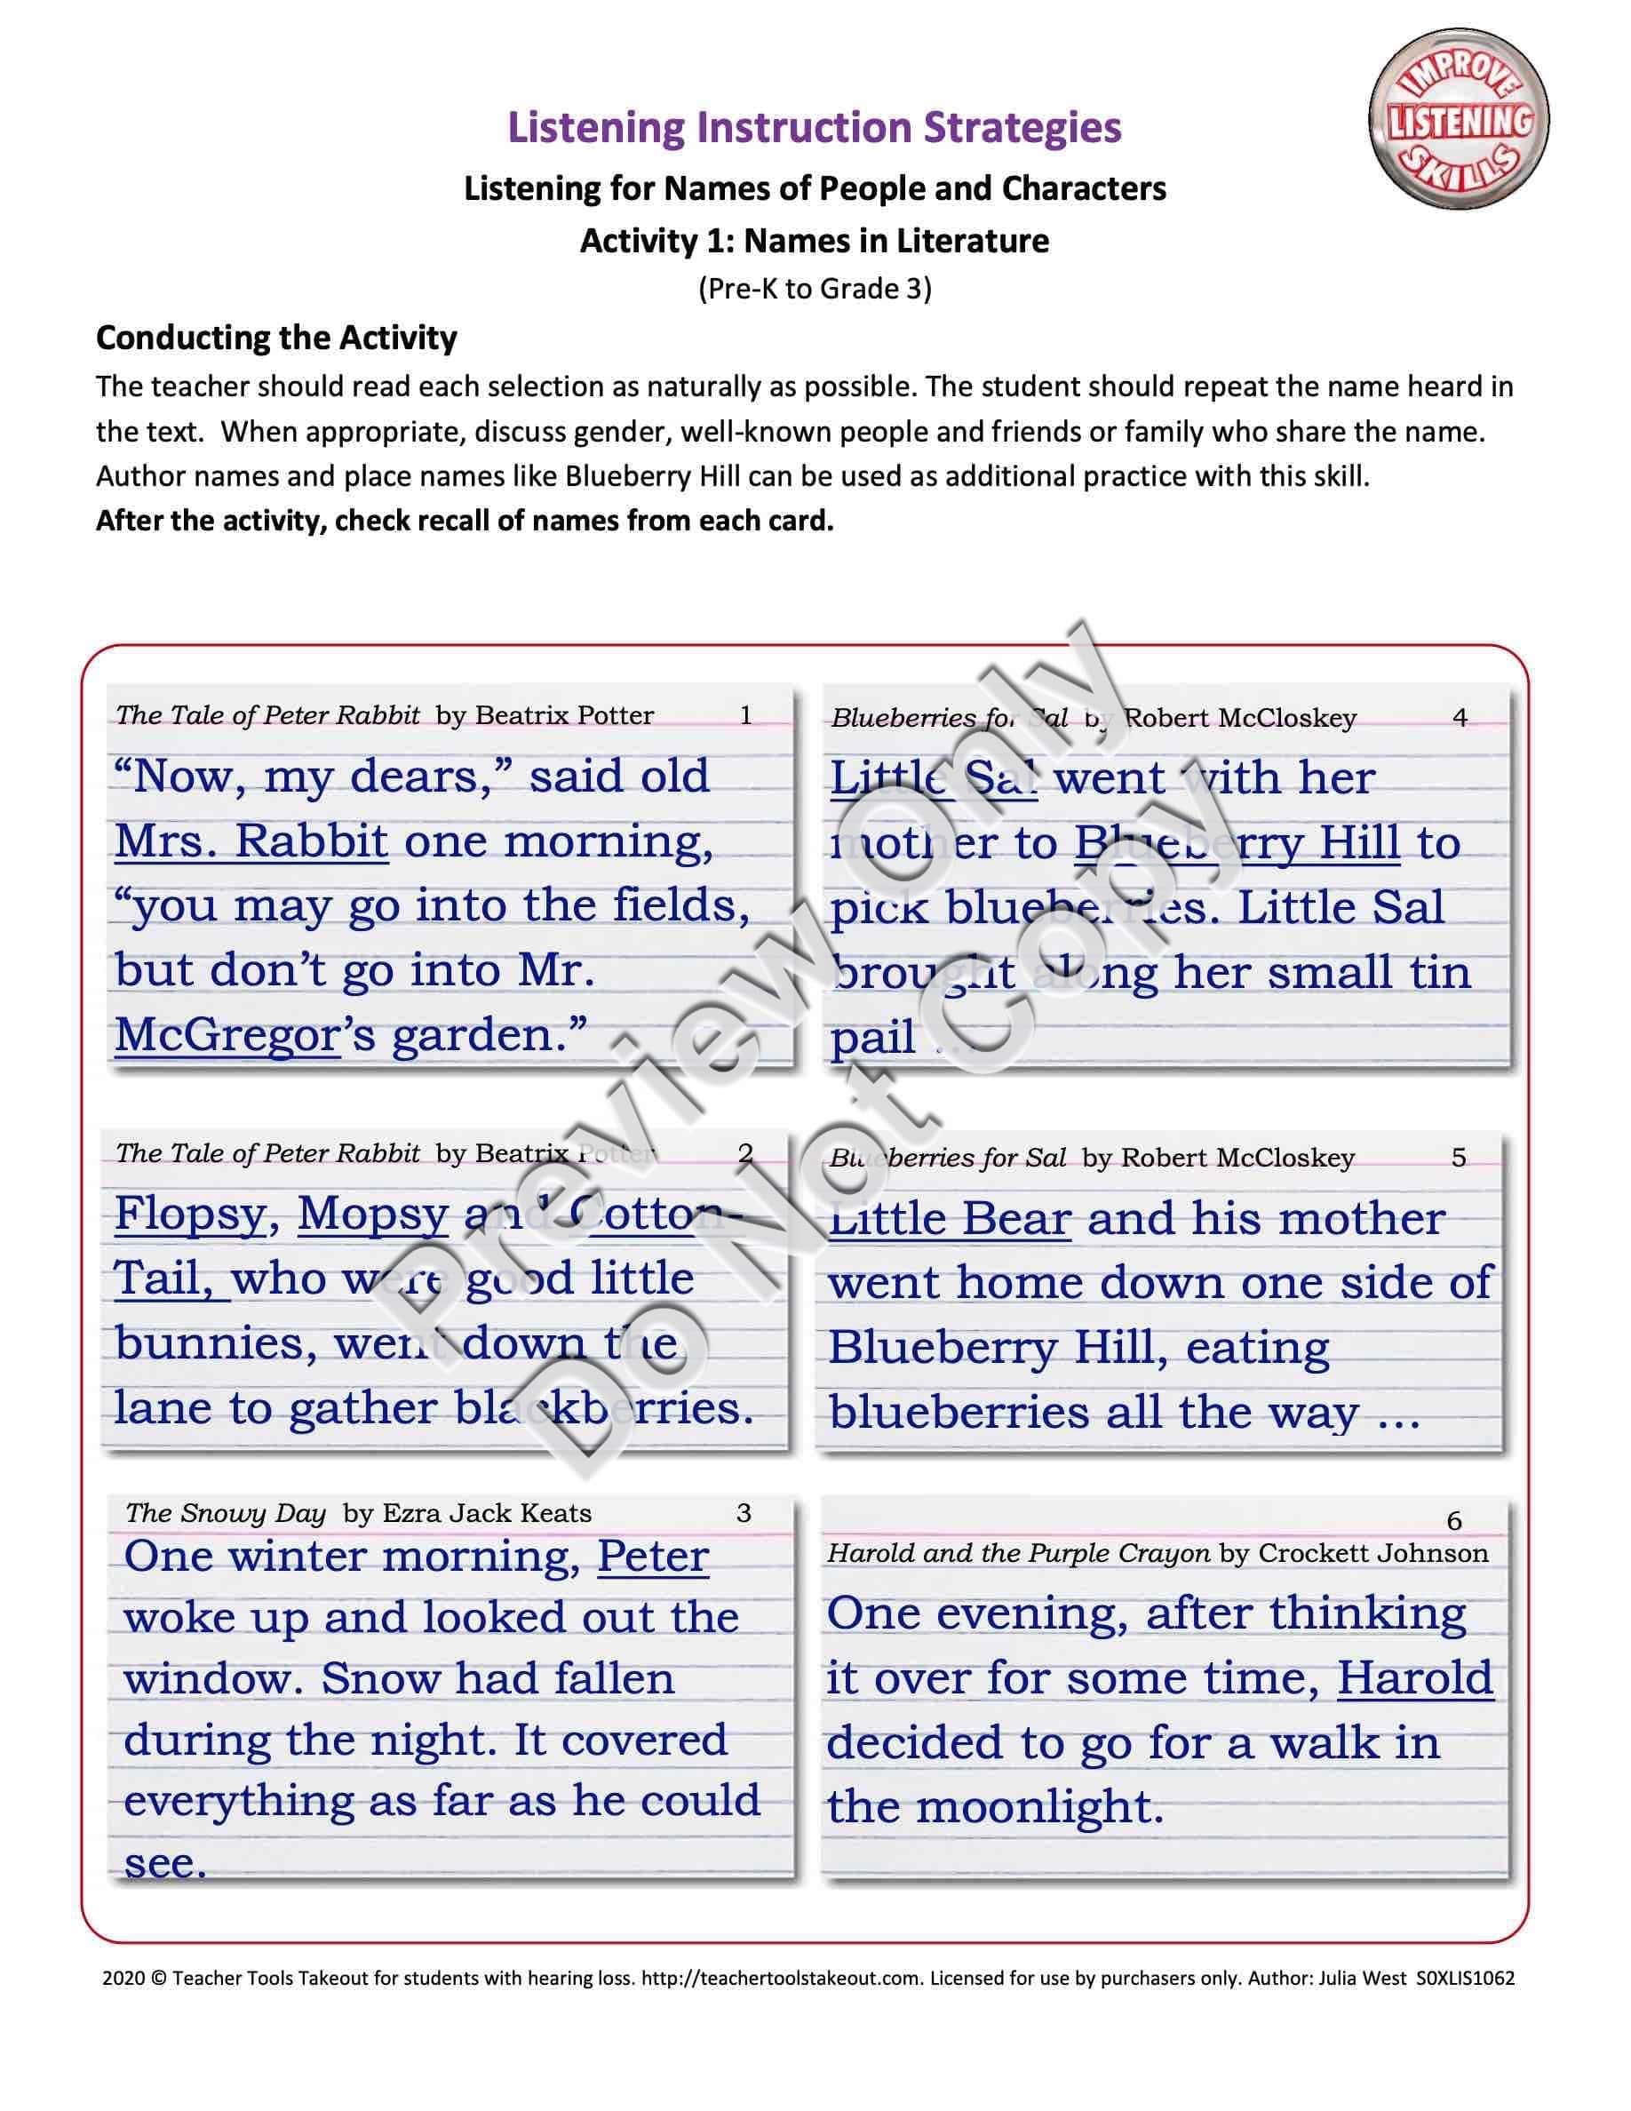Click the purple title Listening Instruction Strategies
click(815, 128)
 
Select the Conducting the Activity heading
click(276, 339)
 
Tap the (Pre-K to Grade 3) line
click(815, 288)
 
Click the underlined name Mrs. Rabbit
click(251, 840)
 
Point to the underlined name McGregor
click(227, 1035)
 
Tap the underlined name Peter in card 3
click(653, 1557)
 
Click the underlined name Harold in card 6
click(1414, 1678)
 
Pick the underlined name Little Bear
click(951, 1219)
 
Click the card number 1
click(745, 715)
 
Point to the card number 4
click(1460, 718)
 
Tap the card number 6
click(1454, 1521)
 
